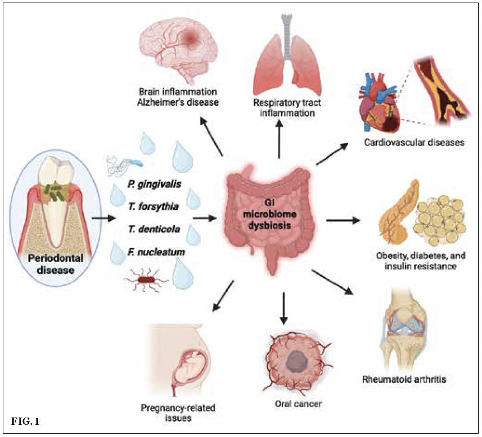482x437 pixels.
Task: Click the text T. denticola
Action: pos(153,230)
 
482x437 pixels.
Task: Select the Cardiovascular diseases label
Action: pos(414,143)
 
